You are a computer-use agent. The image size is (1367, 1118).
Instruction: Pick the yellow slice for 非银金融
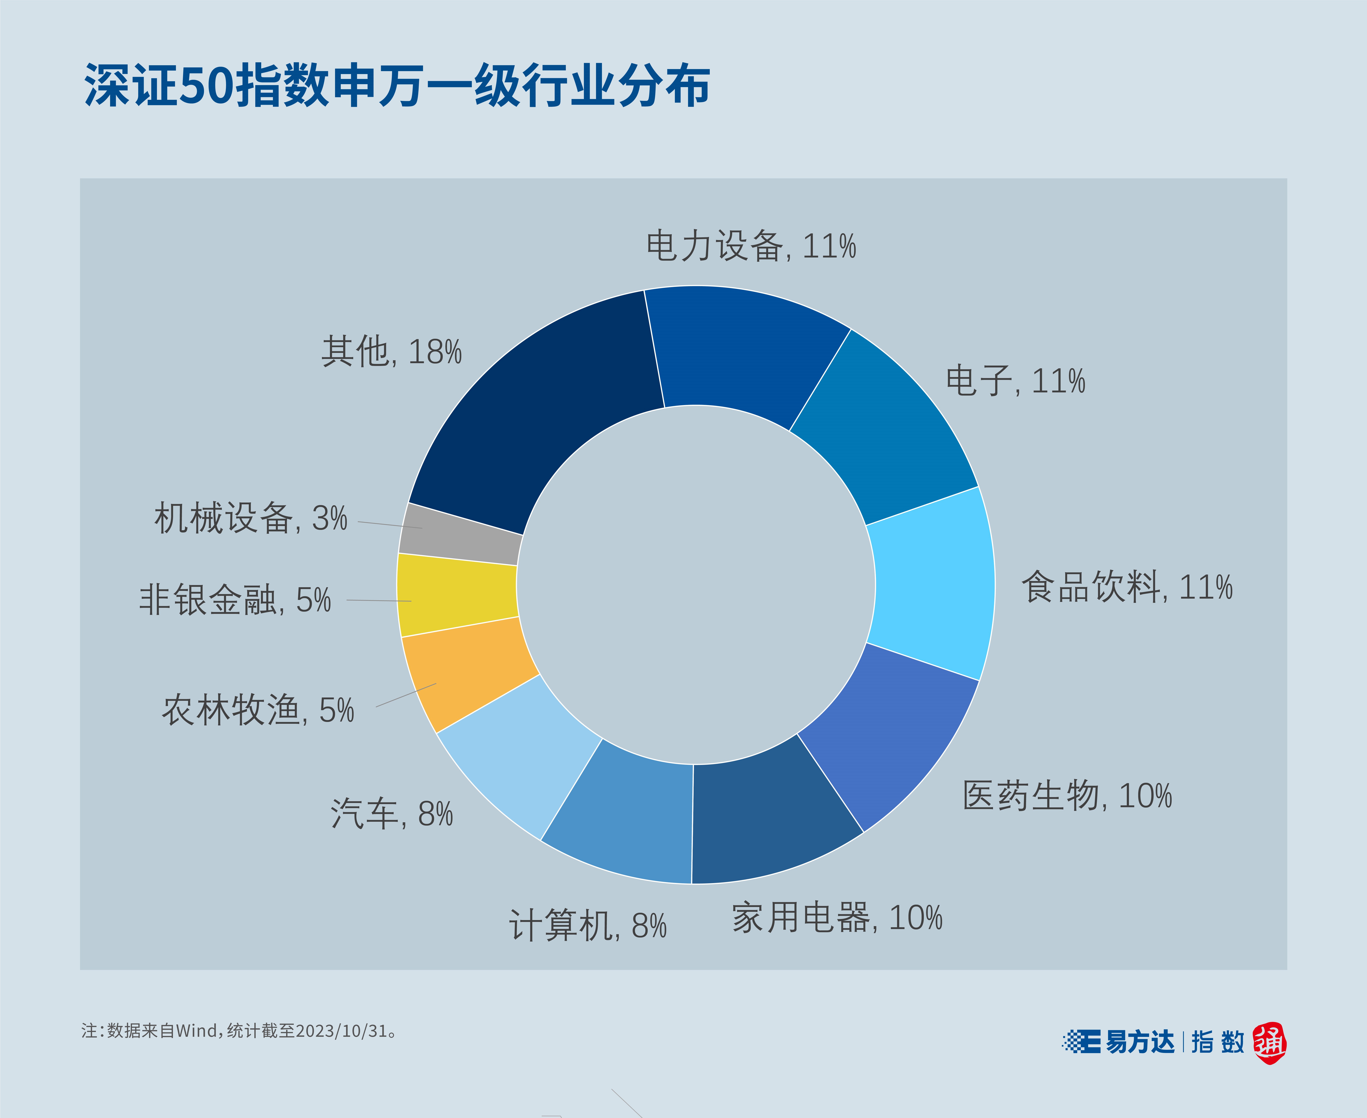pos(457,594)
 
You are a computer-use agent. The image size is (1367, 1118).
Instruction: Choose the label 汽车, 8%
pos(391,813)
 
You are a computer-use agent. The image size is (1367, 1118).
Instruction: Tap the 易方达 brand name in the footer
pos(1140,1042)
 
